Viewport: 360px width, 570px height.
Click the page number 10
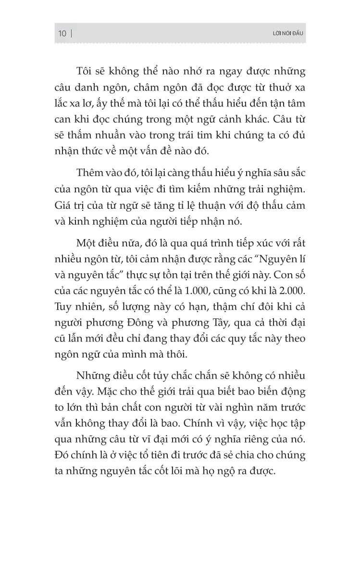62,33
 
